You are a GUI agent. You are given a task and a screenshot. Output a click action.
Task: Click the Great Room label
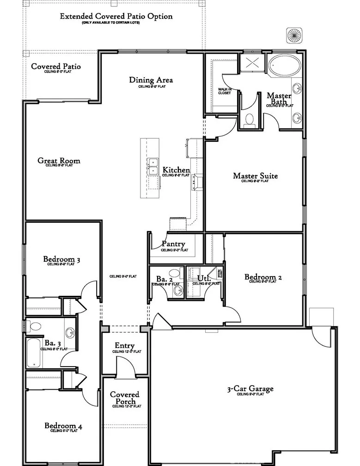pyautogui.click(x=59, y=161)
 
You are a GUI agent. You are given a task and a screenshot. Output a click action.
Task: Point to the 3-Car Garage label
pyautogui.click(x=250, y=389)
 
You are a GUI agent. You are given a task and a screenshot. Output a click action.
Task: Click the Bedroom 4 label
pyautogui.click(x=63, y=426)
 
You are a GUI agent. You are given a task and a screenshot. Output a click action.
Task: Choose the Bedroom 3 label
pyautogui.click(x=62, y=259)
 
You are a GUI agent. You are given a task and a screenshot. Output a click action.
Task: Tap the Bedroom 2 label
pyautogui.click(x=263, y=277)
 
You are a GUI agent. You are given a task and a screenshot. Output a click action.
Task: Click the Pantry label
pyautogui.click(x=174, y=244)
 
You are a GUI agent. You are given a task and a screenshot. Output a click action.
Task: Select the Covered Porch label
pyautogui.click(x=124, y=398)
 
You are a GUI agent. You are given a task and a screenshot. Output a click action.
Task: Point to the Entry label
pyautogui.click(x=125, y=346)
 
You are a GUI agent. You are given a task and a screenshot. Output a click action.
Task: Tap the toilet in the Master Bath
pyautogui.click(x=250, y=119)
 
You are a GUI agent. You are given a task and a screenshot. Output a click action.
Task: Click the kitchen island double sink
pyautogui.click(x=153, y=163)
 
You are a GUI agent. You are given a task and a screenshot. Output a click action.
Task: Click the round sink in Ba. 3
pyautogui.click(x=69, y=332)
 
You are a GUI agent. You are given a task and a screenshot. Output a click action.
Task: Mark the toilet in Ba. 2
pyautogui.click(x=175, y=274)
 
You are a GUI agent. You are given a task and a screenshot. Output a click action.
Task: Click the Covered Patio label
pyautogui.click(x=56, y=67)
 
